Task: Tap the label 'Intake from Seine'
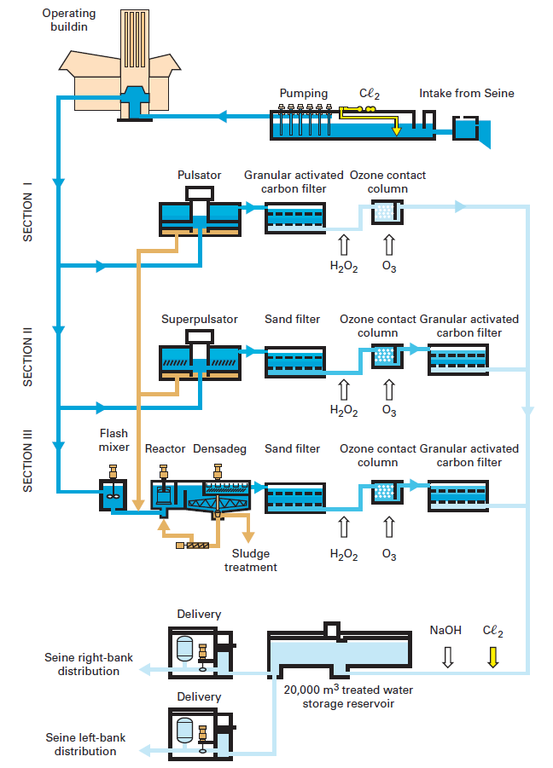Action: coord(466,93)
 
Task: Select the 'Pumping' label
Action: coord(303,93)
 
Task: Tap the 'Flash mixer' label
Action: coord(114,440)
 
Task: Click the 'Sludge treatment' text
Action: coord(250,560)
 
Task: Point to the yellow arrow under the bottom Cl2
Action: coord(492,656)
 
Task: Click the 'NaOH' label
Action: coord(445,631)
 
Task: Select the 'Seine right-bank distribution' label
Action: coord(82,664)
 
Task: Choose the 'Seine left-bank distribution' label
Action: coord(85,744)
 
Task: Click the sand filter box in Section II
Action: coord(294,361)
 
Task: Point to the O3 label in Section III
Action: coord(389,555)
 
